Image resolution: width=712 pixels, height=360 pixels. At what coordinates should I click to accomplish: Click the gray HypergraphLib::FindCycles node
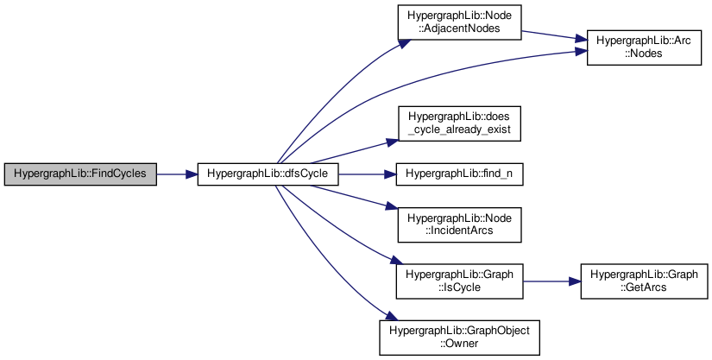[x=80, y=174]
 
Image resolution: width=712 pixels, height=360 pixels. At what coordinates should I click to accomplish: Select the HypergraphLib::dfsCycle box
[x=268, y=174]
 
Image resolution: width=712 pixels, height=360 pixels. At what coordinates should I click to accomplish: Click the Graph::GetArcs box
[x=644, y=281]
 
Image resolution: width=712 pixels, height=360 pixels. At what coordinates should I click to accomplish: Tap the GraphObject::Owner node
[x=459, y=337]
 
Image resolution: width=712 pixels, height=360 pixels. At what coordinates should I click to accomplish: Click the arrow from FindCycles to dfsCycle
[x=177, y=174]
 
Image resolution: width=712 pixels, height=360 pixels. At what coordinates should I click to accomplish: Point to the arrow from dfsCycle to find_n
[x=367, y=174]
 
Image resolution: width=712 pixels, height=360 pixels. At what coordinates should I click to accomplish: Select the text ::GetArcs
[x=644, y=287]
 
